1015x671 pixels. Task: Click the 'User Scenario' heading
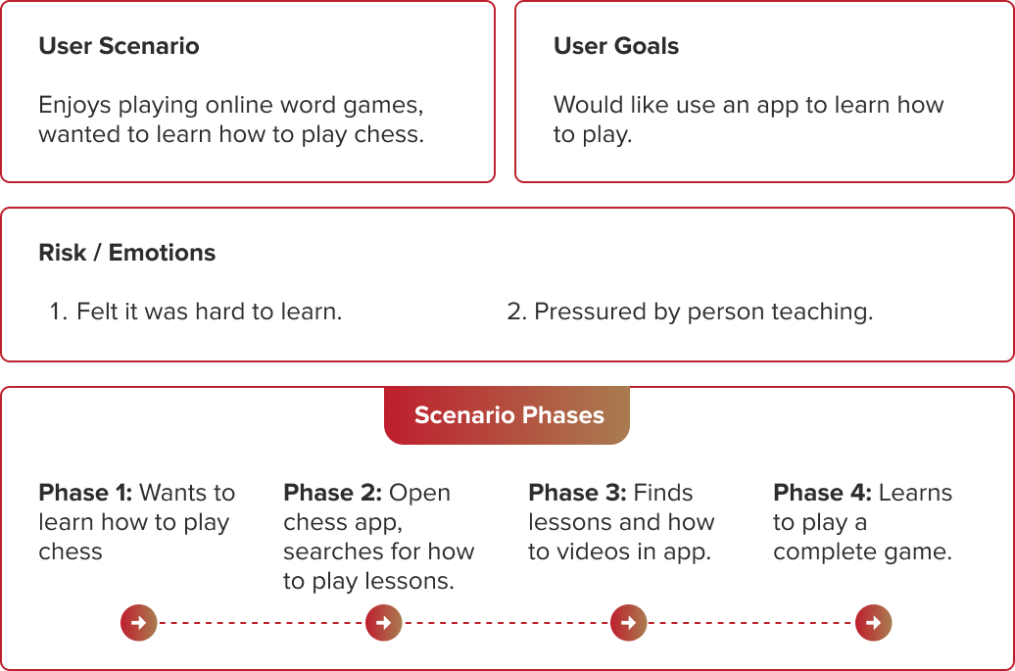(x=120, y=46)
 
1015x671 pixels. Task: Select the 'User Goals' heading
(x=616, y=46)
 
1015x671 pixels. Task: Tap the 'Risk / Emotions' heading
(x=127, y=253)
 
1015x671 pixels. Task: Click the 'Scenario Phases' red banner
(x=507, y=415)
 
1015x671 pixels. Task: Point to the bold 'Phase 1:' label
(x=85, y=493)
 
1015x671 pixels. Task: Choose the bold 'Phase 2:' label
(x=333, y=493)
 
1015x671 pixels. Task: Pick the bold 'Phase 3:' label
(x=577, y=493)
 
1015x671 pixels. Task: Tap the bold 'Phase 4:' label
(x=823, y=493)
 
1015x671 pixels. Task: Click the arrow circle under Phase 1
(x=138, y=622)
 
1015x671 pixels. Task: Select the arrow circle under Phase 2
(x=384, y=622)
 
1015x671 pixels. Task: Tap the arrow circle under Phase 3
(x=629, y=622)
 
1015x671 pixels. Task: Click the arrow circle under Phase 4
(x=873, y=622)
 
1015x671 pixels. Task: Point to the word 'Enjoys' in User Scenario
(x=75, y=106)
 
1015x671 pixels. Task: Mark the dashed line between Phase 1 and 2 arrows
(x=262, y=622)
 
